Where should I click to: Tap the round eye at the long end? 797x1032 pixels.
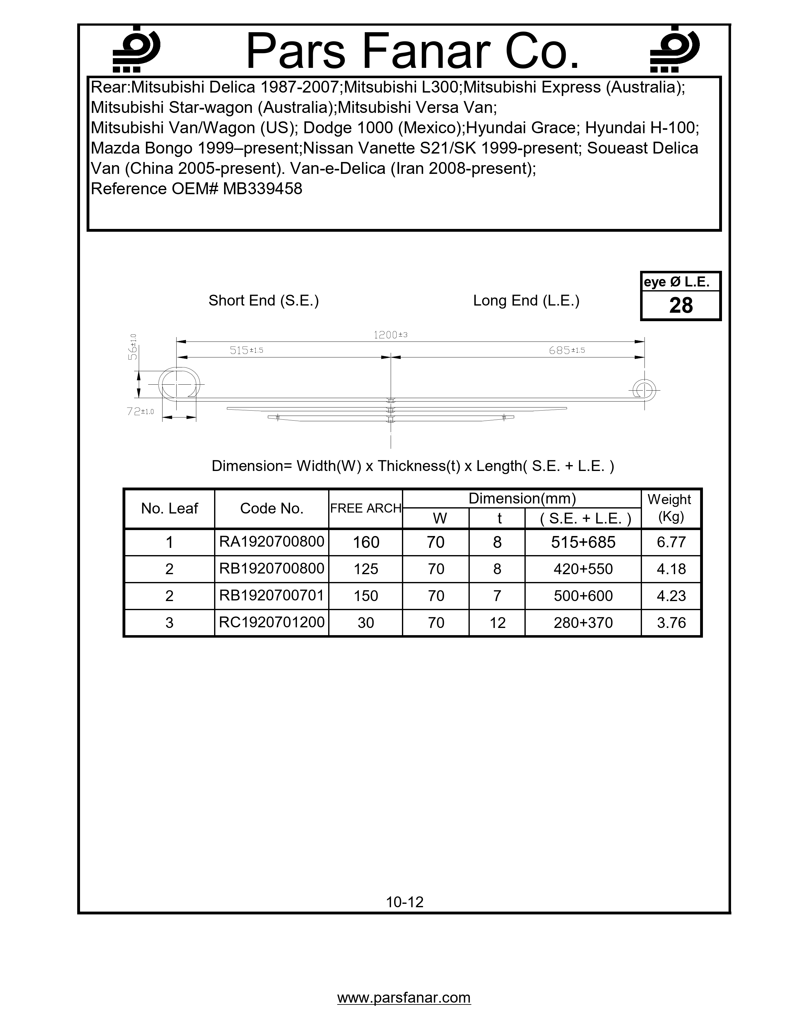click(644, 390)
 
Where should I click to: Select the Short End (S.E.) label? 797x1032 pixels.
click(263, 301)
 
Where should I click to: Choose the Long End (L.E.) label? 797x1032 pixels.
click(526, 301)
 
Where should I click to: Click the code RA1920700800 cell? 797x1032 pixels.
click(272, 542)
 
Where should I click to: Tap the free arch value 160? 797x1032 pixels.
click(366, 542)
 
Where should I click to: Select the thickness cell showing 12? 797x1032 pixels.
click(497, 623)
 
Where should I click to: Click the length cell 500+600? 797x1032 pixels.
click(583, 596)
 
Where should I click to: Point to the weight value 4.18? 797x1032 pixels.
click(671, 569)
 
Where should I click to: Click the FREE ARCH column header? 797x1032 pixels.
click(365, 508)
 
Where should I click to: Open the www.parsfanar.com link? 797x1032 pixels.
click(404, 998)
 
